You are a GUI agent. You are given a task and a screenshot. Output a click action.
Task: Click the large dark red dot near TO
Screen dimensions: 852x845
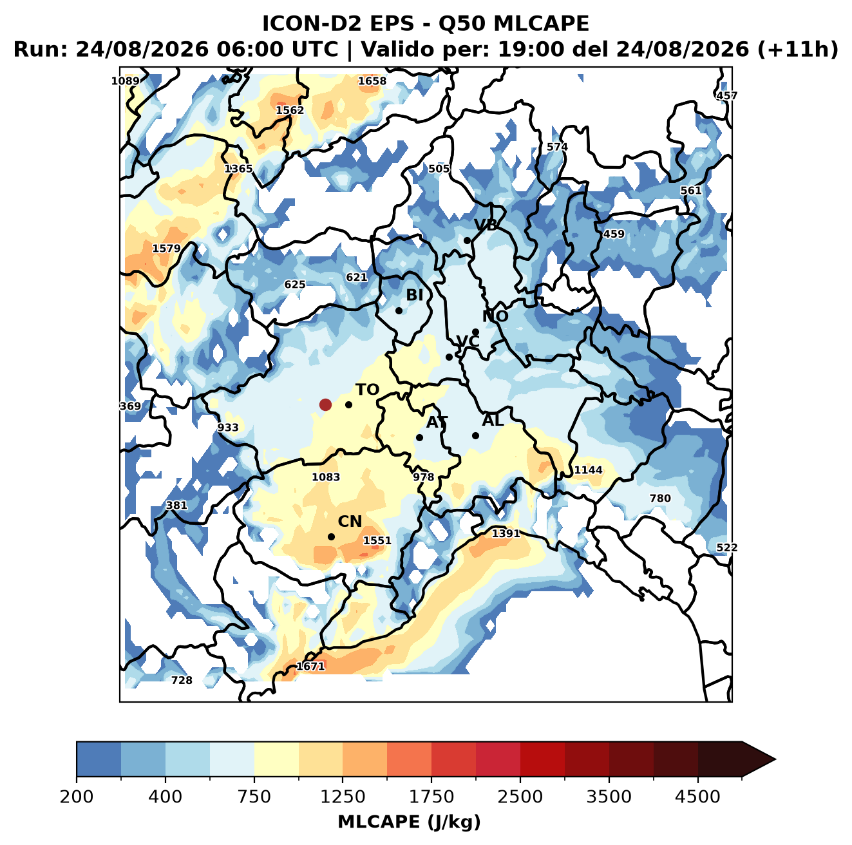point(325,404)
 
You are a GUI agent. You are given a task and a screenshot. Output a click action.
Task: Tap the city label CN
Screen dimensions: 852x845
point(349,522)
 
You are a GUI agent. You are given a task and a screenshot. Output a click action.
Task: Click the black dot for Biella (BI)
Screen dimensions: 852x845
point(399,311)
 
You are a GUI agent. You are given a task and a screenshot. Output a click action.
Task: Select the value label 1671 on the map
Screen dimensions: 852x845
point(310,666)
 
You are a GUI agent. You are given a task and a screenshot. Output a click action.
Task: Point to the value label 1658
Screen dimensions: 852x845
point(372,81)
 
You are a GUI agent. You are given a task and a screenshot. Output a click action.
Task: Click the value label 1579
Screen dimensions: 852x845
point(166,249)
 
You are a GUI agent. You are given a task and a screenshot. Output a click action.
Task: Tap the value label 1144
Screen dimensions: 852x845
point(588,470)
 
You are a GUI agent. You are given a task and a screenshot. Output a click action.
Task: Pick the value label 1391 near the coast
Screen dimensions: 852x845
point(506,533)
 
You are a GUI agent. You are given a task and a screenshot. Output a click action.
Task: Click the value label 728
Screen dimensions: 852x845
point(182,680)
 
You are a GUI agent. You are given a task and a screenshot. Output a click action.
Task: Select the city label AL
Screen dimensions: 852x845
point(493,420)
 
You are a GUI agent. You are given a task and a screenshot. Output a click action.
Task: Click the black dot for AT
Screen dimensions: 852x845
point(419,438)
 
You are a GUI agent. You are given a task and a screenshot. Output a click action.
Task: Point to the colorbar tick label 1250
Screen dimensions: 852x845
point(342,797)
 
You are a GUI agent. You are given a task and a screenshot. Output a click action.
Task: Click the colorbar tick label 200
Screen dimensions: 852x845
point(77,797)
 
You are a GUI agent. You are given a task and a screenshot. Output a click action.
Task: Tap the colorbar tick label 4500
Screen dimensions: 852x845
point(697,797)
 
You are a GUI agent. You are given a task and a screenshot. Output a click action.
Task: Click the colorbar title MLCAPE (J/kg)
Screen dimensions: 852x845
point(409,822)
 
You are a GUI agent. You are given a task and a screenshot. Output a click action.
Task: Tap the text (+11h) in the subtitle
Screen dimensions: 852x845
point(798,50)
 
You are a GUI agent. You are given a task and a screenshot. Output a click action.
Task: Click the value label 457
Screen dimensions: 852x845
point(726,95)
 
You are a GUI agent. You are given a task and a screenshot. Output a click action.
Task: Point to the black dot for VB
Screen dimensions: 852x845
point(467,240)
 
